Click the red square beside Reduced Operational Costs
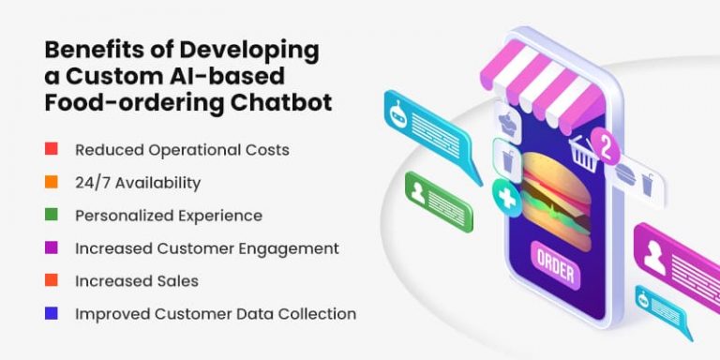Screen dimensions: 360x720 coord(52,149)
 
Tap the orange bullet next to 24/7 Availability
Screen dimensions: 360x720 coord(52,182)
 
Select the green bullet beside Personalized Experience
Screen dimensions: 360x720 coord(52,215)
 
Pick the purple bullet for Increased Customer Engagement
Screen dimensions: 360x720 coord(52,247)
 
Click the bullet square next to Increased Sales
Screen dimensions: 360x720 coord(52,280)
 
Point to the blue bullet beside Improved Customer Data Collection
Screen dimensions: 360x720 coord(52,313)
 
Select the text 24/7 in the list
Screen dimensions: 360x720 coord(91,183)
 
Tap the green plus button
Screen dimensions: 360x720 coord(507,199)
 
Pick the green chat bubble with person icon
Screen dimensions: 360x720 coord(438,198)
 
